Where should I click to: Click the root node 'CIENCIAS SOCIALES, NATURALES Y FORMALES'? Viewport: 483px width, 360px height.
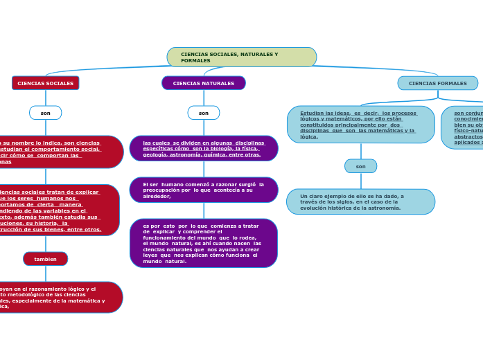tap(241, 57)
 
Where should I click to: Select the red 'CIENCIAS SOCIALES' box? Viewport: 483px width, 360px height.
tap(46, 83)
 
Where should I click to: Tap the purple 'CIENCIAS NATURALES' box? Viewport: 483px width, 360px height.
tap(204, 83)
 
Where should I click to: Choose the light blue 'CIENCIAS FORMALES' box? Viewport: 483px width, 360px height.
tap(437, 83)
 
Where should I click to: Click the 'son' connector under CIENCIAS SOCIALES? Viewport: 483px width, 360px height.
tap(46, 113)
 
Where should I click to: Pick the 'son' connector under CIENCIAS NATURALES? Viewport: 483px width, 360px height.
tap(204, 113)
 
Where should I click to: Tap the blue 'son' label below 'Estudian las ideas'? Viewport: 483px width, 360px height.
tap(360, 166)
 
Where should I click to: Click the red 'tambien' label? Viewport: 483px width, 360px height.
tap(46, 259)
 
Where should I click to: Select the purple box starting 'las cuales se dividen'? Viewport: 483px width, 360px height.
tap(204, 148)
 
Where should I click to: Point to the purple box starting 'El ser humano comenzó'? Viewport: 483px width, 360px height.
tap(204, 190)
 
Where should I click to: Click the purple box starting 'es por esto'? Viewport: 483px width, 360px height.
tap(204, 243)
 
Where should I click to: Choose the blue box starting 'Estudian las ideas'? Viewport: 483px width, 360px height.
tap(360, 125)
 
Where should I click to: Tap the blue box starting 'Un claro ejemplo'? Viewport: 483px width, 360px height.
tap(360, 201)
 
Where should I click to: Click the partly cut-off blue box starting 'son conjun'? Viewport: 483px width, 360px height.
tap(464, 127)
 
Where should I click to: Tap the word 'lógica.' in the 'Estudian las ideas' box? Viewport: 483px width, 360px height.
tap(309, 137)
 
